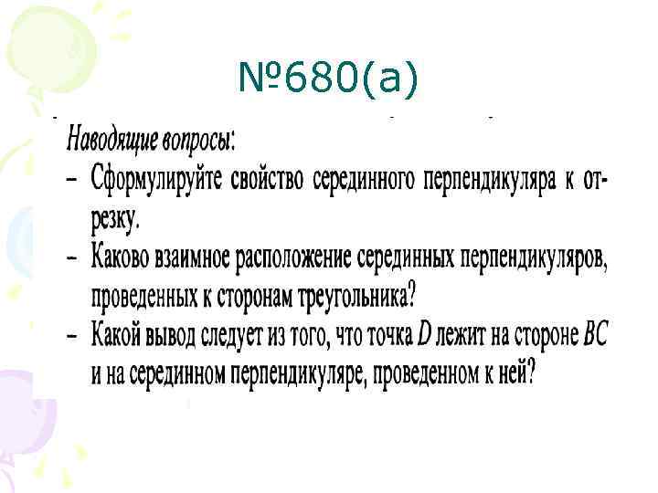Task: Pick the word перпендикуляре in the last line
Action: click(292, 374)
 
